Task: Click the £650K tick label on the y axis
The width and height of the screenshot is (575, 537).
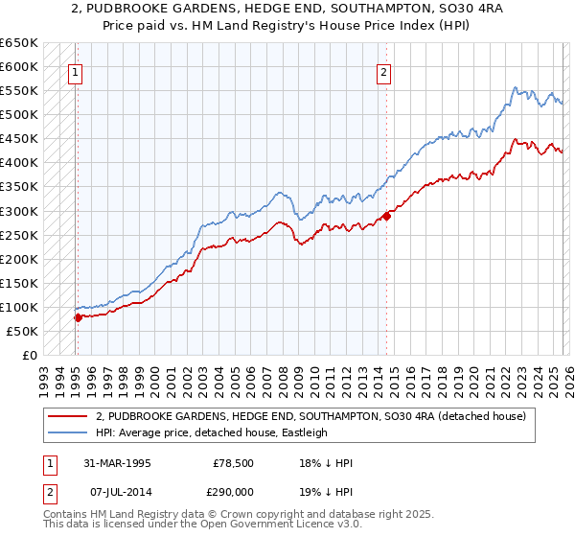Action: click(19, 43)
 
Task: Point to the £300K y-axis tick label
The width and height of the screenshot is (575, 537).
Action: click(19, 211)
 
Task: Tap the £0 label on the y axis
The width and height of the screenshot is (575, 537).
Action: click(29, 356)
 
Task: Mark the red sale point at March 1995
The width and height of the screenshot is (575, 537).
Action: click(78, 317)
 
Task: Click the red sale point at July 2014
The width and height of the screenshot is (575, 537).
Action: click(387, 216)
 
